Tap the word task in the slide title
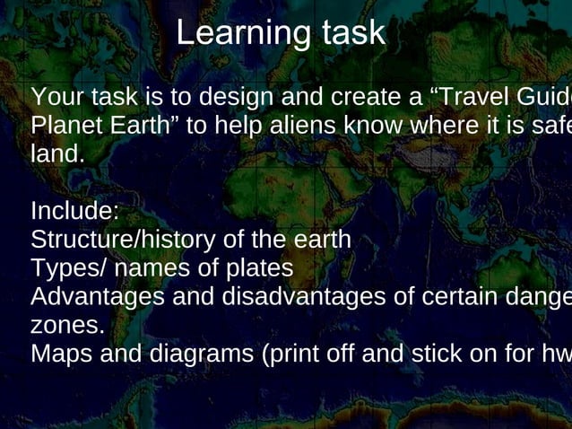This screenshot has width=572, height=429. tap(351, 33)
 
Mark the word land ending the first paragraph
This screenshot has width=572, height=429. tap(56, 153)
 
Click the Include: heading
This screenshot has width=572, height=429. tap(74, 212)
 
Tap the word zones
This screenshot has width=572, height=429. tap(66, 324)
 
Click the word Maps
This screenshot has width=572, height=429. tap(60, 354)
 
